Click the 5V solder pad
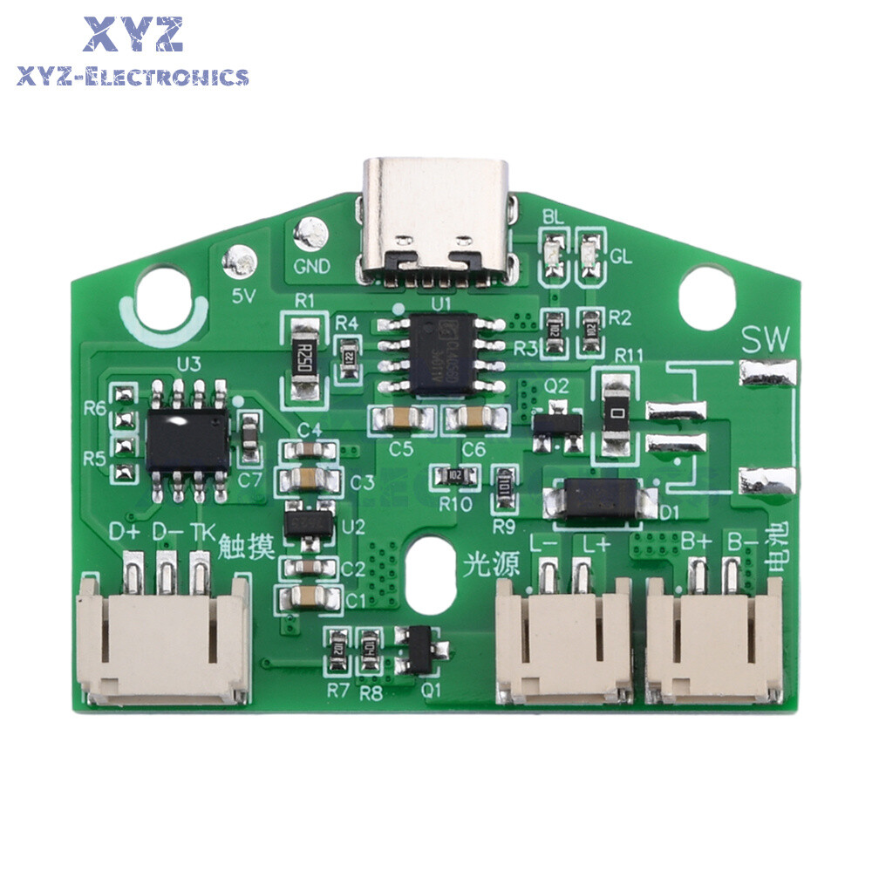tap(239, 260)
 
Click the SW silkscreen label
tap(765, 340)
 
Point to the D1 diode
tap(600, 500)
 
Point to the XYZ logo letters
tap(133, 35)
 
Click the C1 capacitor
tap(307, 598)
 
